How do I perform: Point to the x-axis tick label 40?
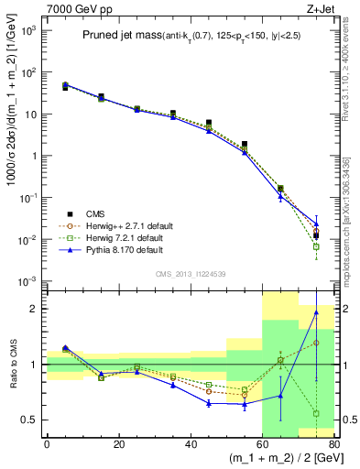pos(190,445)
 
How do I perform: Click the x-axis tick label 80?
pos(333,445)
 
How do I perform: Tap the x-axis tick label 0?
pos(47,445)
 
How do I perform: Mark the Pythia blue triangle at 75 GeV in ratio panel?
pos(316,312)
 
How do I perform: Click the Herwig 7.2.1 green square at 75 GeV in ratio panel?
pos(316,413)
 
